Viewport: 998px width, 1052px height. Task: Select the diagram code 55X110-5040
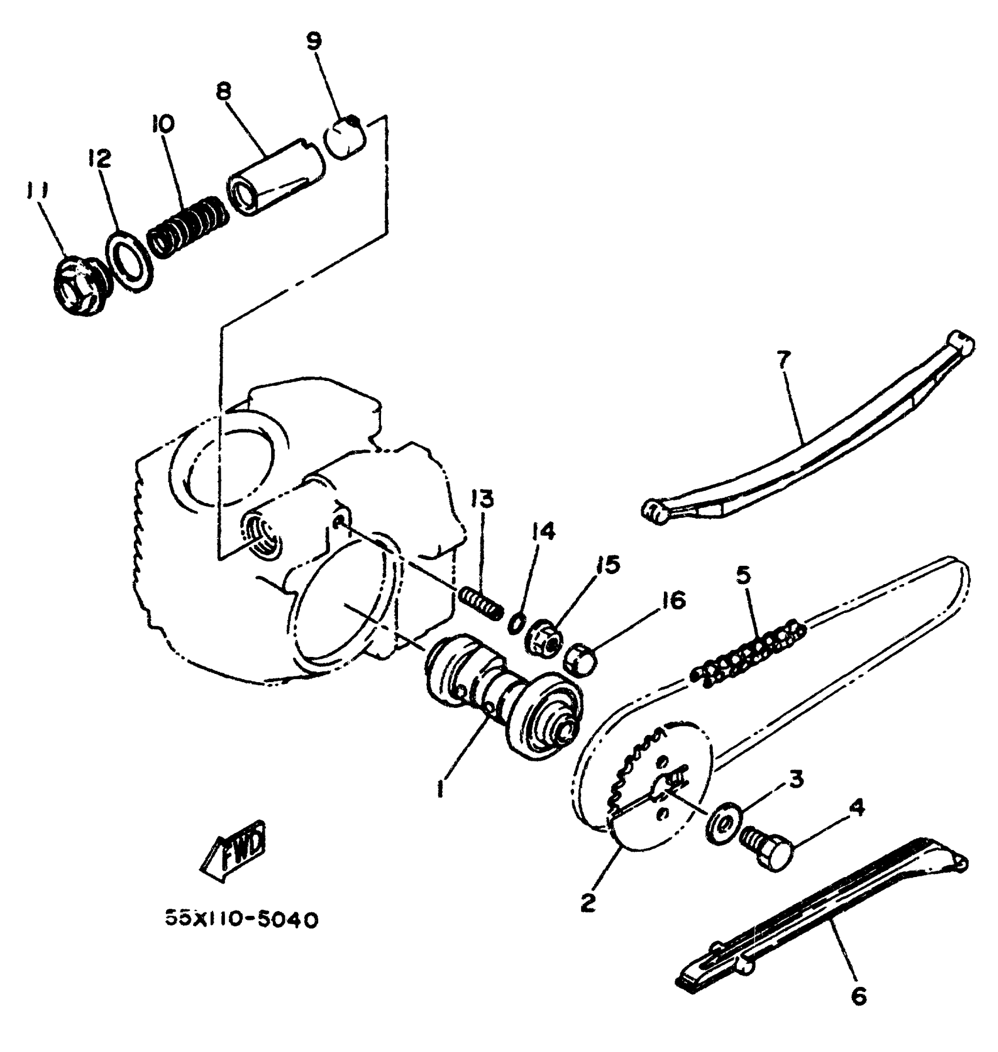pyautogui.click(x=241, y=920)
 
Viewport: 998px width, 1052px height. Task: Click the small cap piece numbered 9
pyautogui.click(x=346, y=138)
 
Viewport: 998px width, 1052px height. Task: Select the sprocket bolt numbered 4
pyautogui.click(x=766, y=849)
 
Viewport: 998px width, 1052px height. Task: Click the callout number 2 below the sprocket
pyautogui.click(x=588, y=901)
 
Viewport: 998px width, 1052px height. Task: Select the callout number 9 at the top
pyautogui.click(x=315, y=41)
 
